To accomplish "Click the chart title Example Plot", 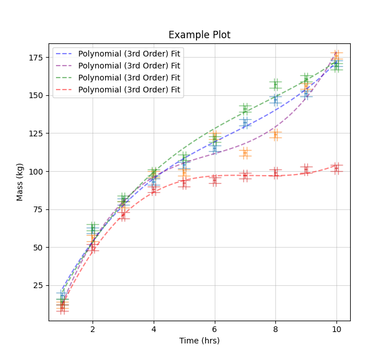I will click(x=199, y=35).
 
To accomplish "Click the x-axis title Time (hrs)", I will click(x=199, y=341).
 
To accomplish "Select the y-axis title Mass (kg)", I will click(x=20, y=182).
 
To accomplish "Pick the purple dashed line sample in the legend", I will click(x=64, y=66).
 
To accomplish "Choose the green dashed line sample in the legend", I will click(x=64, y=78).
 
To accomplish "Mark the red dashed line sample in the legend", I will click(x=64, y=90).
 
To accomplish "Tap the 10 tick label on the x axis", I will click(x=336, y=329).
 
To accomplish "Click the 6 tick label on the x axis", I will click(x=214, y=329).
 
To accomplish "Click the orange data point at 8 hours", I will click(x=275, y=135).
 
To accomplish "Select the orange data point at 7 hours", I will click(x=245, y=152).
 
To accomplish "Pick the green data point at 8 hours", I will click(x=275, y=84).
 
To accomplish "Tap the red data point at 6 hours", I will click(x=214, y=180).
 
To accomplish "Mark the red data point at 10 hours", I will click(x=336, y=168).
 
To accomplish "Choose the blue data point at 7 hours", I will click(x=245, y=123).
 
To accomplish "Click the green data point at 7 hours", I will click(x=245, y=109).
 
